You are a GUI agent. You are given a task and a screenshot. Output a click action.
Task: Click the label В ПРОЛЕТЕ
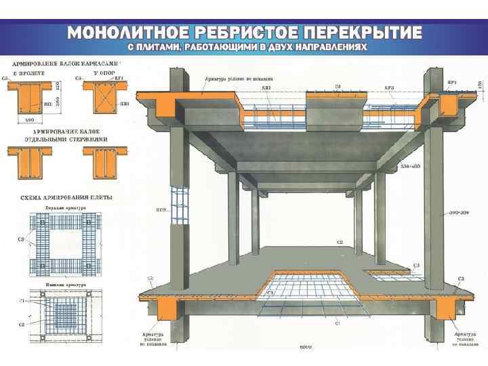[x=27, y=71]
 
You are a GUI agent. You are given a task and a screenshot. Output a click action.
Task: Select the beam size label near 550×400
[x=411, y=165]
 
